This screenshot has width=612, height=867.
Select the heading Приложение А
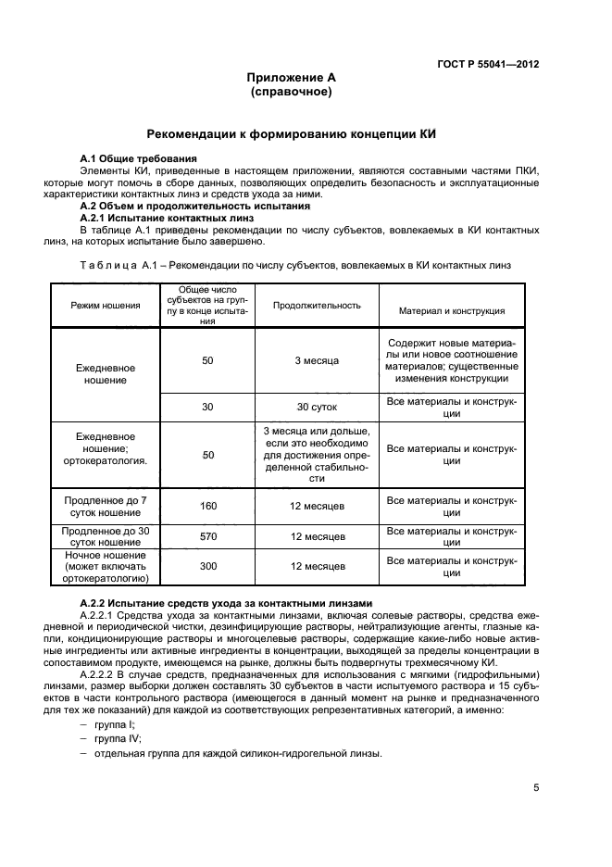pos(291,78)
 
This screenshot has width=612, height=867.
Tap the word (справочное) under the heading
pos(291,93)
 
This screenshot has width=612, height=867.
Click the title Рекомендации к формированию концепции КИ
pos(291,134)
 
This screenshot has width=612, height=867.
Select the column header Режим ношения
pos(106,305)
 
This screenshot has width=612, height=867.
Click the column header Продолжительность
pos(316,305)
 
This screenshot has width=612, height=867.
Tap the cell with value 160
pos(207,506)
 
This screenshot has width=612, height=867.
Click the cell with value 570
pos(207,536)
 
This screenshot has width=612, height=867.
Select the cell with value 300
pos(207,566)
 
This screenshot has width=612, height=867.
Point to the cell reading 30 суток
pos(316,407)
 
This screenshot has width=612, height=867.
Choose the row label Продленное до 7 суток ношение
pos(106,506)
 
